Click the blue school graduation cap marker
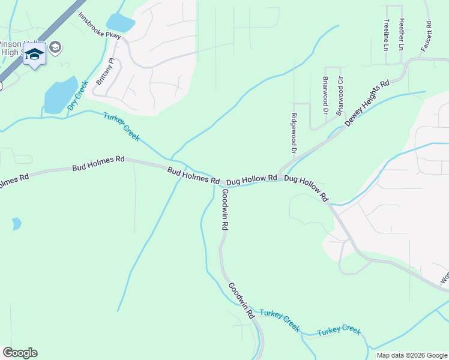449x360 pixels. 34,55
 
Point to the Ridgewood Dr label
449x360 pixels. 294,133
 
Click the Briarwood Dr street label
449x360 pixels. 326,95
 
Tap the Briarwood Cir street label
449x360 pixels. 340,96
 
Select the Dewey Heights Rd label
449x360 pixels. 367,103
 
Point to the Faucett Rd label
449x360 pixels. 426,36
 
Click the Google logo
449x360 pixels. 20,353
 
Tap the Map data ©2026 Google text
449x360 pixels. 411,355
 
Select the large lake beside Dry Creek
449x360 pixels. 60,95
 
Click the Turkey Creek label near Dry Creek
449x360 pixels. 121,127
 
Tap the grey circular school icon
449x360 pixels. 55,47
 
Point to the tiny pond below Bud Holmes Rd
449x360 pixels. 16,224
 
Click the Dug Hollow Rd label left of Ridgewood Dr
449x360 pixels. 251,179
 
